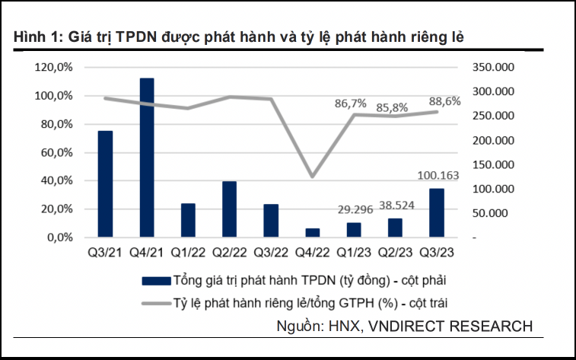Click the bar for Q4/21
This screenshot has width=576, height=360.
(147, 158)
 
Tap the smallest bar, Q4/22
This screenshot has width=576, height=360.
(313, 233)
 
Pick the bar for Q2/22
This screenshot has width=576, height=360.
(230, 209)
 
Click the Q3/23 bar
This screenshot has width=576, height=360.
(437, 213)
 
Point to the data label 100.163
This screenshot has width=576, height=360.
(440, 176)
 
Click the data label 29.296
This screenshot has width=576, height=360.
(354, 209)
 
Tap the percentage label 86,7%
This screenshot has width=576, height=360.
(350, 103)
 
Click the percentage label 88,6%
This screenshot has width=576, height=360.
(444, 100)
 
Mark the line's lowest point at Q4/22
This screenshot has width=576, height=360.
(313, 177)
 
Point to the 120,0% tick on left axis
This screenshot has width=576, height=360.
(54, 68)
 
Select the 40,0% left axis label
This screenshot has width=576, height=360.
(56, 181)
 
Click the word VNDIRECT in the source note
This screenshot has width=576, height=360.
(409, 326)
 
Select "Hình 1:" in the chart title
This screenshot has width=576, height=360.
(35, 37)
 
